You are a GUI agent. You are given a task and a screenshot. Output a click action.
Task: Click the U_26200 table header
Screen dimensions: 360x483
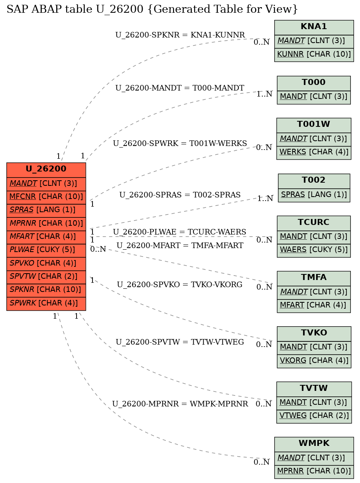(46, 170)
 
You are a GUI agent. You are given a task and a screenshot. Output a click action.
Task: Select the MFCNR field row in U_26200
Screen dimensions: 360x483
(46, 197)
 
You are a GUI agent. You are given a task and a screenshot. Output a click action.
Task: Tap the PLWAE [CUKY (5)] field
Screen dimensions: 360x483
(46, 250)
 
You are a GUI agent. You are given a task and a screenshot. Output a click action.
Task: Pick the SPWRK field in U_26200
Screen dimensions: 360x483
(46, 304)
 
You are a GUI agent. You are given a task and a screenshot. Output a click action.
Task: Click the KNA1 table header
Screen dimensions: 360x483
(314, 28)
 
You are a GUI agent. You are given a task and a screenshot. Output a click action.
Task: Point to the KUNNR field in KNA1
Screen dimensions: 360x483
(314, 55)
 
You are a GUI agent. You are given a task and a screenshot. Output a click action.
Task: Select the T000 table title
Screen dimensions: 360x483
(314, 83)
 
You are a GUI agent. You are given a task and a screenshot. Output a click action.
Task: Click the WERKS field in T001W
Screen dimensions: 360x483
(314, 153)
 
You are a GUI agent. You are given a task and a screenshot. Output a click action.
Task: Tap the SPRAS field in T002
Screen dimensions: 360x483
(314, 195)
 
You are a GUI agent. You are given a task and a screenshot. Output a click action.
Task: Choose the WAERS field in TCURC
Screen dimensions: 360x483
(314, 250)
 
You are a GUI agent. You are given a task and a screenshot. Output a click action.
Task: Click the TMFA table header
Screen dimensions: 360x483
(314, 278)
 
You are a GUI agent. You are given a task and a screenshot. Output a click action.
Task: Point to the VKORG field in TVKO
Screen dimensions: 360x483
(314, 361)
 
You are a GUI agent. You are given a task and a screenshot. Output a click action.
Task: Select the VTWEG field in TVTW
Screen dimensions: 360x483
(314, 416)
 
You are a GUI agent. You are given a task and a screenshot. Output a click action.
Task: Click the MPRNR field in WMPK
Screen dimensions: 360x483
(314, 472)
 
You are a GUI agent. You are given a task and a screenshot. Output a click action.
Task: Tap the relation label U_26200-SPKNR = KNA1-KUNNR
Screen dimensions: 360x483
(180, 35)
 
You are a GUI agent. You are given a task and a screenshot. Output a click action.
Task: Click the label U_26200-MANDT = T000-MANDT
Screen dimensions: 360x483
(180, 88)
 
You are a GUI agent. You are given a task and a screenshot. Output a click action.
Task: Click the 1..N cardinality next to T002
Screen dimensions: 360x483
(265, 199)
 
